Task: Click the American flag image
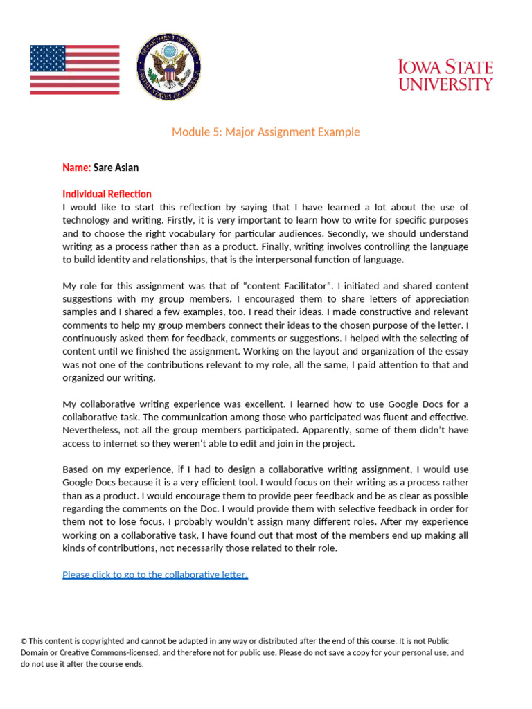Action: (x=75, y=69)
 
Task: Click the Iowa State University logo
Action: (x=445, y=75)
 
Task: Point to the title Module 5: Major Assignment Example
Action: (x=266, y=132)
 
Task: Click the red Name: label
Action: (x=76, y=168)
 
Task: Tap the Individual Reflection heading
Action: (x=107, y=194)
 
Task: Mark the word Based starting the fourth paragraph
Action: (x=76, y=469)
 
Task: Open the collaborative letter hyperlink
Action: (x=155, y=575)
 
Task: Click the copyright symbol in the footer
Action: (x=24, y=642)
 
